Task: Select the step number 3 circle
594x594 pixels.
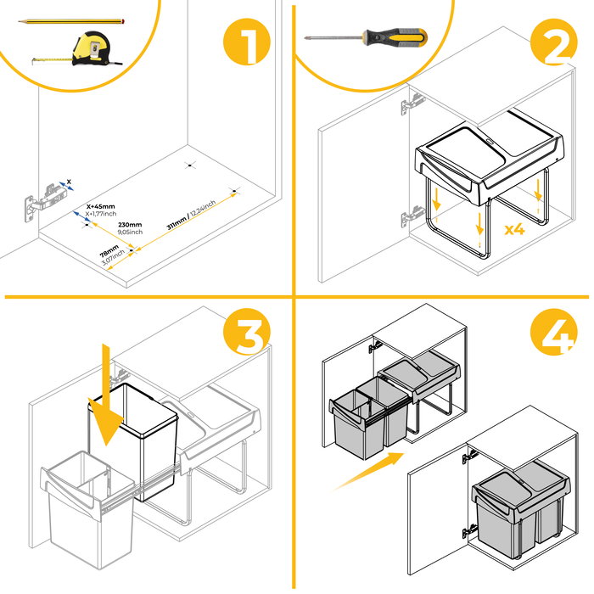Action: coord(247,334)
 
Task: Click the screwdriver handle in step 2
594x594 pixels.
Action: coord(395,37)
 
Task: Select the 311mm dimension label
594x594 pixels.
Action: coord(192,216)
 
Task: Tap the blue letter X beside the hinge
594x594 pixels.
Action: coord(69,181)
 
